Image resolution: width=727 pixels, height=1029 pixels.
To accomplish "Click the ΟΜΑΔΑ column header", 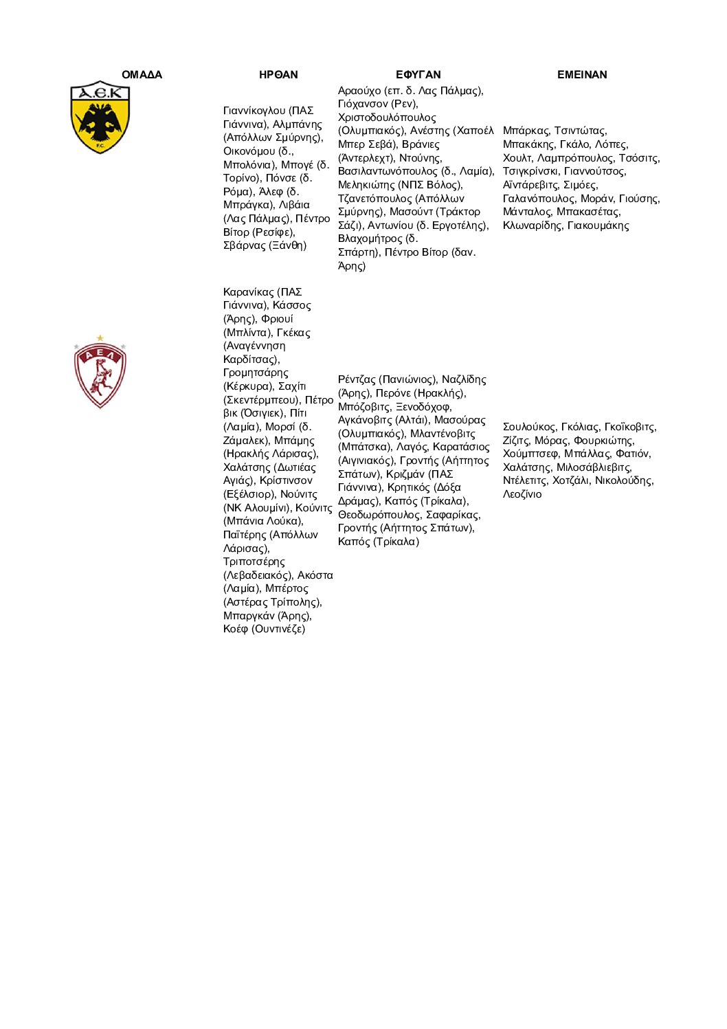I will pyautogui.click(x=142, y=74).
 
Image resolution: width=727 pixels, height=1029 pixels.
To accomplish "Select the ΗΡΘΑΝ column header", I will pyautogui.click(x=278, y=74).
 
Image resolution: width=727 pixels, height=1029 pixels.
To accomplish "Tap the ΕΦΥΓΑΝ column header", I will pyautogui.click(x=418, y=74).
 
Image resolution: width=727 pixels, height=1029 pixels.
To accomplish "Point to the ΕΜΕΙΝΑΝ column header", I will pyautogui.click(x=582, y=74).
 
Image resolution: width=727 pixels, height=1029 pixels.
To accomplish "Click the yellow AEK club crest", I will pyautogui.click(x=100, y=117).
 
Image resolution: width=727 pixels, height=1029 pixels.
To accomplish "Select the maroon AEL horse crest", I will pyautogui.click(x=100, y=372).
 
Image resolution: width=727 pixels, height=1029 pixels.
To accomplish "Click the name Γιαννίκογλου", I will pyautogui.click(x=254, y=111).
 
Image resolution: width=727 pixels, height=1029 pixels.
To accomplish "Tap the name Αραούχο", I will pyautogui.click(x=359, y=91).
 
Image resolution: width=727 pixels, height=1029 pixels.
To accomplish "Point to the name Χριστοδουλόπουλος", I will pyautogui.click(x=387, y=118).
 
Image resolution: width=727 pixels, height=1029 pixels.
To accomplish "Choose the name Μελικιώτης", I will pyautogui.click(x=366, y=185).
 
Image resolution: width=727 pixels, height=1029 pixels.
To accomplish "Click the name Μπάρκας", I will pyautogui.click(x=526, y=131).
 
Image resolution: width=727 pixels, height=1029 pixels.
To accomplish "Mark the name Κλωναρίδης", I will pyautogui.click(x=533, y=225).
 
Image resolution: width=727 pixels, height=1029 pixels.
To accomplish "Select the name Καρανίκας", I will pyautogui.click(x=249, y=292).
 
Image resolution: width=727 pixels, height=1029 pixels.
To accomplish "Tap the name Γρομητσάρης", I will pyautogui.click(x=256, y=373).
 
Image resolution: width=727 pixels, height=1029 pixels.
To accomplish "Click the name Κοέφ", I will pyautogui.click(x=236, y=629).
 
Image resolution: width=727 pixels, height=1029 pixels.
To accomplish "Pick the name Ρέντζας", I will pyautogui.click(x=357, y=379).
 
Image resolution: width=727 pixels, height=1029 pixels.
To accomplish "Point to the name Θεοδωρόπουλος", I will pyautogui.click(x=379, y=515).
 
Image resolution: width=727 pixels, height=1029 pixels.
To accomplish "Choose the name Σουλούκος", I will pyautogui.click(x=529, y=427).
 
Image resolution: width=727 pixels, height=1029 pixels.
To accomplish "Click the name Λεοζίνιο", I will pyautogui.click(x=522, y=494).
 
